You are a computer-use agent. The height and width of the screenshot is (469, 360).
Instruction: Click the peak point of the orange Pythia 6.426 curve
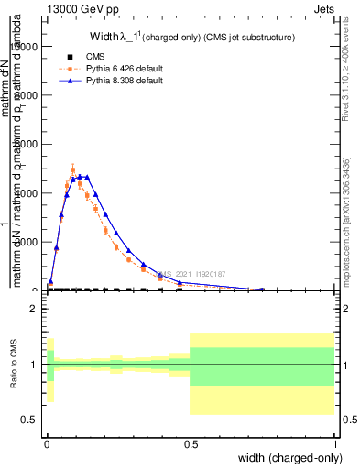click(73, 169)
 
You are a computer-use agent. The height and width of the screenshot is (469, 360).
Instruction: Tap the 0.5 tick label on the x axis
click(190, 444)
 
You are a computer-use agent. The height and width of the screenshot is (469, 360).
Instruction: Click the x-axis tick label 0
click(46, 444)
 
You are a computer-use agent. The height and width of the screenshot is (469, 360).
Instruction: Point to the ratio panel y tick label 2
click(34, 309)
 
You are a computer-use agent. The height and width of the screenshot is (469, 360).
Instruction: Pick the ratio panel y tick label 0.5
click(29, 420)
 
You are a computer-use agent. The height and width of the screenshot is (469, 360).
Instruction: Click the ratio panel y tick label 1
click(34, 365)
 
